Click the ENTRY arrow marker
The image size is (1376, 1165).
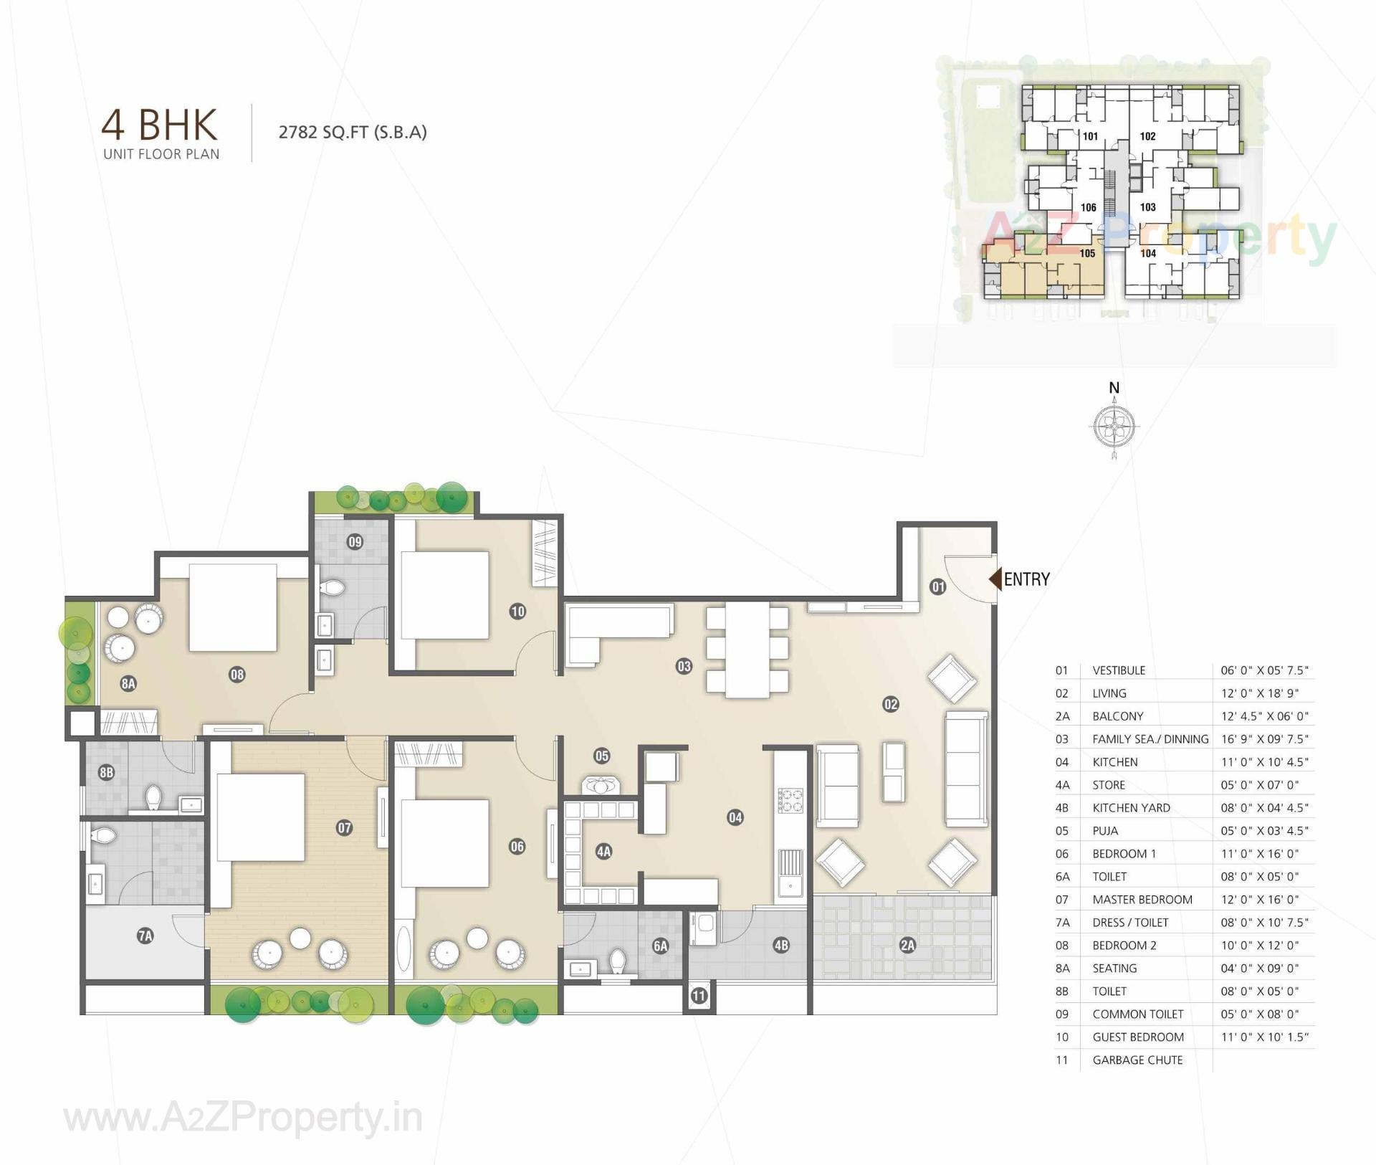click(x=995, y=579)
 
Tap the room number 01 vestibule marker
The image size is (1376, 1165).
click(x=937, y=586)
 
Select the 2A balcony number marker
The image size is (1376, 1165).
click(x=907, y=945)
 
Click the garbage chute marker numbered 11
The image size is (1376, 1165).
click(x=699, y=995)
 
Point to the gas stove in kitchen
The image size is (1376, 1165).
click(x=791, y=800)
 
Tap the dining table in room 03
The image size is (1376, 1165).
click(x=747, y=650)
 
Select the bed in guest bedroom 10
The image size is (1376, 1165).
click(x=444, y=594)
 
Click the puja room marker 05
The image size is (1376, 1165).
click(x=601, y=756)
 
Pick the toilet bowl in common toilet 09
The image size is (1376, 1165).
click(x=333, y=588)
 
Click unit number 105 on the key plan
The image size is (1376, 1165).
click(x=1087, y=253)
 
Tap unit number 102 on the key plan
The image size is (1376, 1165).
click(x=1147, y=136)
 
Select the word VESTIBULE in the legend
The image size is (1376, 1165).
click(x=1118, y=670)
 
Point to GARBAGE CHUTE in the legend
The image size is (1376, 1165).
click(x=1137, y=1060)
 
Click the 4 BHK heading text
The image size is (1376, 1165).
click(x=159, y=125)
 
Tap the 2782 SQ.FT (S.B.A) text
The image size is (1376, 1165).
click(x=353, y=132)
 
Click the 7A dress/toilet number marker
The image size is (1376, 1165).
click(x=145, y=935)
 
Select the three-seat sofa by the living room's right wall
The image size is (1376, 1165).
click(x=965, y=769)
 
